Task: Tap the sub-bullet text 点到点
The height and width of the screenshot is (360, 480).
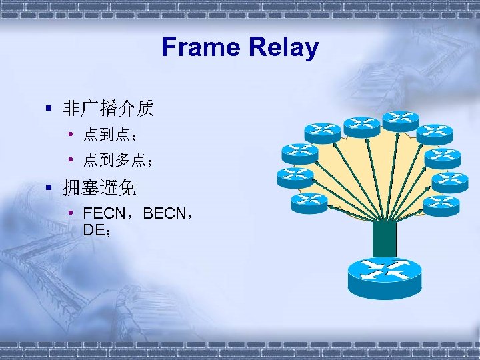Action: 105,136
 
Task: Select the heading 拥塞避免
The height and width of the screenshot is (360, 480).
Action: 99,188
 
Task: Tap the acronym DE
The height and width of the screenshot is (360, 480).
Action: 93,229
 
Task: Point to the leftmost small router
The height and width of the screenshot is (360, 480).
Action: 295,177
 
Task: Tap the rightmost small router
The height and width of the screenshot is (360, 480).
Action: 451,181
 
